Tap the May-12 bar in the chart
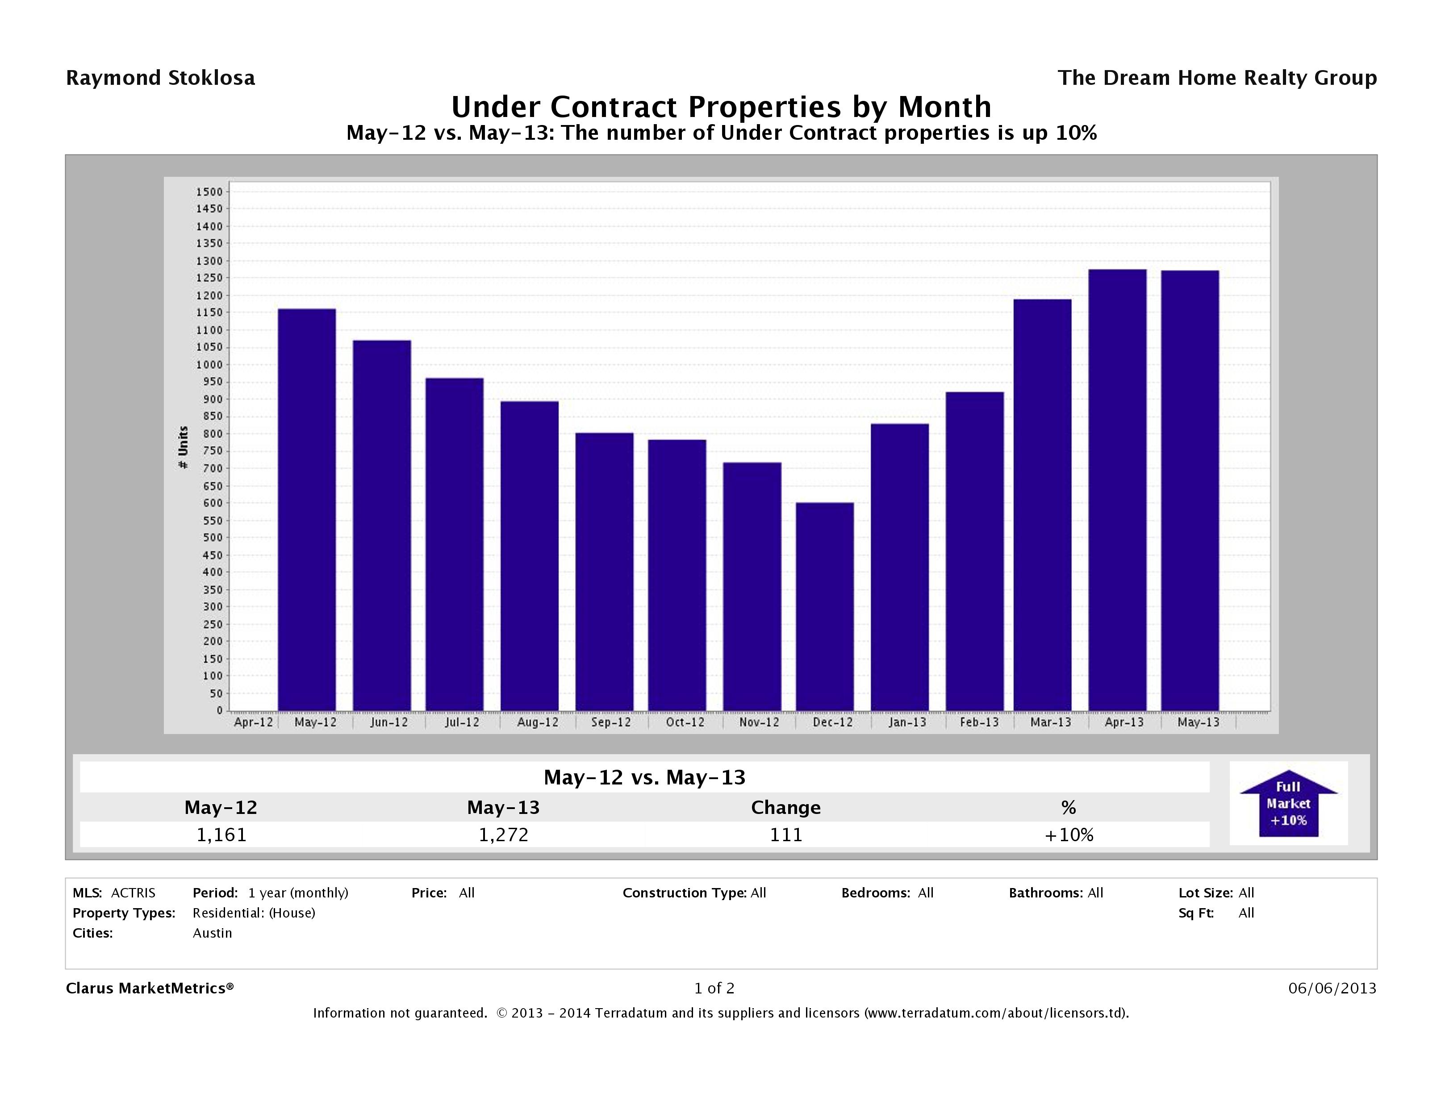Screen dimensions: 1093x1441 307,509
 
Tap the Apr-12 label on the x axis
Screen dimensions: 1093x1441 253,722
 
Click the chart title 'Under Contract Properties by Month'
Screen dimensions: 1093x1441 721,107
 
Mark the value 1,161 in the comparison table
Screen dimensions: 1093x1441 221,834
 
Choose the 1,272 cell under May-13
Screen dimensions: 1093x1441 504,834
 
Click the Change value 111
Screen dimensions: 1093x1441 785,834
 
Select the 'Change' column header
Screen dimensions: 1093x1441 785,808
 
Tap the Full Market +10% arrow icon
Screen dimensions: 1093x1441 1288,804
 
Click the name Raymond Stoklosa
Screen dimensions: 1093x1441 160,78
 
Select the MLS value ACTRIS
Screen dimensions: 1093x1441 133,893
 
